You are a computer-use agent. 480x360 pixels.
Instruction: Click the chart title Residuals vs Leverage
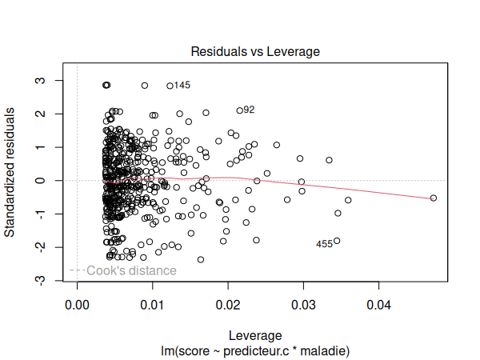pyautogui.click(x=255, y=51)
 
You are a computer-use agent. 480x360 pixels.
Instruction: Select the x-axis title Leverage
pyautogui.click(x=255, y=334)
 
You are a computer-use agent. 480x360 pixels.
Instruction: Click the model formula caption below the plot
pyautogui.click(x=255, y=350)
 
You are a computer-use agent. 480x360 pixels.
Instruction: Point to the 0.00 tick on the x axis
pyautogui.click(x=77, y=305)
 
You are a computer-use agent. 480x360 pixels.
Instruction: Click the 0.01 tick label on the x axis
pyautogui.click(x=152, y=305)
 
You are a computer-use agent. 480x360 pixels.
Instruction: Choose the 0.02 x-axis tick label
pyautogui.click(x=228, y=305)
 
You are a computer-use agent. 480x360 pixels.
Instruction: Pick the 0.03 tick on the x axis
pyautogui.click(x=303, y=305)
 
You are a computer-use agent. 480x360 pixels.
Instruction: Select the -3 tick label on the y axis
pyautogui.click(x=38, y=281)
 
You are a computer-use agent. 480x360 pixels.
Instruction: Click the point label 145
pyautogui.click(x=182, y=86)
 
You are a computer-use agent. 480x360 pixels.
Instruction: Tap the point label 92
pyautogui.click(x=249, y=110)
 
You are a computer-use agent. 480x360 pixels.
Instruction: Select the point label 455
pyautogui.click(x=324, y=244)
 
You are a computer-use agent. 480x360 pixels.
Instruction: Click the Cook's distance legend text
pyautogui.click(x=131, y=270)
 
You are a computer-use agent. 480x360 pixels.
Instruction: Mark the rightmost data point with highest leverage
pyautogui.click(x=434, y=198)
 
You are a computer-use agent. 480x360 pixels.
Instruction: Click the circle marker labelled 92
pyautogui.click(x=239, y=110)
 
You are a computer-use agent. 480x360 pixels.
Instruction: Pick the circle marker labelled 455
pyautogui.click(x=337, y=241)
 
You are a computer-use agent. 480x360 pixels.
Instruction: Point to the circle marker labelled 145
pyautogui.click(x=170, y=86)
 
